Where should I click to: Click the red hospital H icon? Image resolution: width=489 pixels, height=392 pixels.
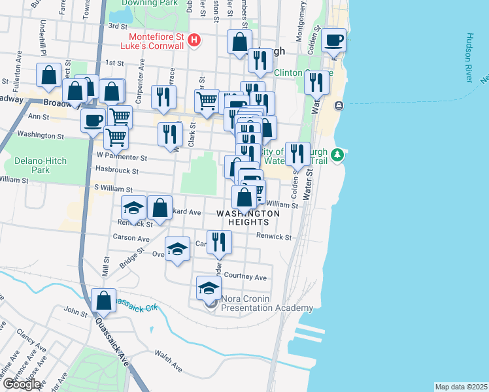[x=194, y=41]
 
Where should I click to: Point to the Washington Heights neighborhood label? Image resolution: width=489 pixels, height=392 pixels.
[x=248, y=218]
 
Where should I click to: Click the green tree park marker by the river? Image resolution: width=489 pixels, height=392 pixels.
[x=337, y=155]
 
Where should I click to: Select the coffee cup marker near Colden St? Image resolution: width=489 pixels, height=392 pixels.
[x=333, y=40]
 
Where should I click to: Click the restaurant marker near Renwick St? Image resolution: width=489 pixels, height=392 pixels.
[x=219, y=242]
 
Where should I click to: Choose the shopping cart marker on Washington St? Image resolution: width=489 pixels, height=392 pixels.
[x=116, y=138]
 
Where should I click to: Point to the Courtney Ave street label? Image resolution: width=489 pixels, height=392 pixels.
[x=245, y=276]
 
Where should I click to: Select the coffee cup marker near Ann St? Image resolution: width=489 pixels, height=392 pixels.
[x=93, y=120]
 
